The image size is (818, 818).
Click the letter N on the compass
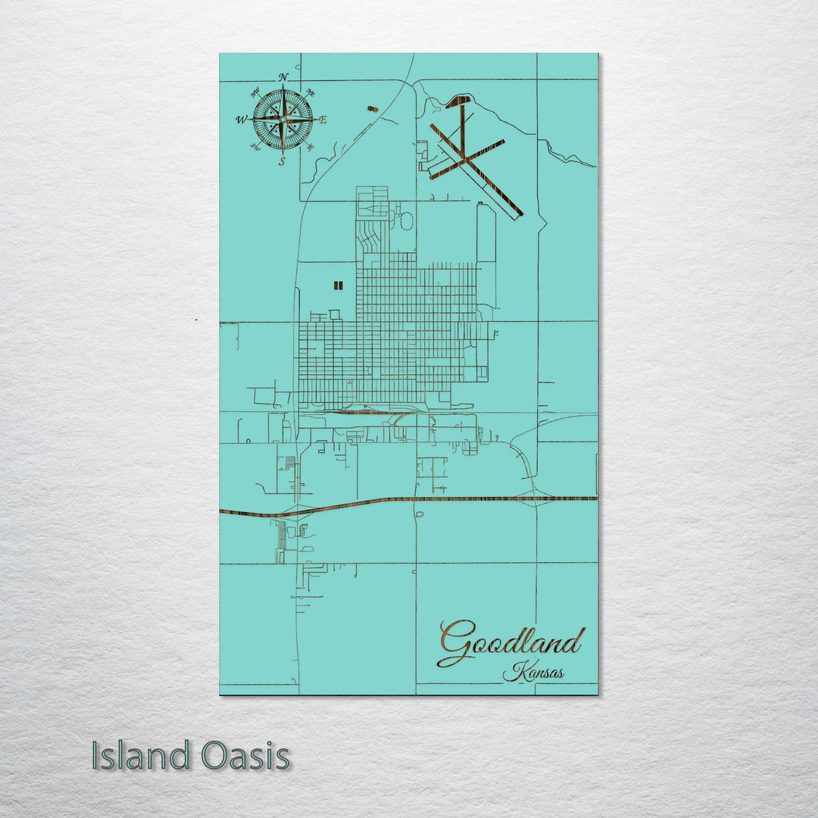click(x=283, y=78)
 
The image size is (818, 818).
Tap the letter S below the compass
click(x=282, y=161)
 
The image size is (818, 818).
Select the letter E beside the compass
click(x=323, y=120)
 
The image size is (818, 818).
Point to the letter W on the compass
click(x=241, y=120)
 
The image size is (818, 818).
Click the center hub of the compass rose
click(x=283, y=119)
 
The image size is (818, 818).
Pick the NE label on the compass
click(x=309, y=93)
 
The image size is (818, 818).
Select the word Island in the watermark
click(x=141, y=756)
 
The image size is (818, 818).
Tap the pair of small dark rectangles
click(x=338, y=286)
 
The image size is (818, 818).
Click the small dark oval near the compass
click(x=372, y=109)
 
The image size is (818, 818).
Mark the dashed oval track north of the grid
click(x=406, y=221)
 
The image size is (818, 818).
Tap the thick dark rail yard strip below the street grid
click(x=364, y=413)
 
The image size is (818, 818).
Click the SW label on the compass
click(x=256, y=147)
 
